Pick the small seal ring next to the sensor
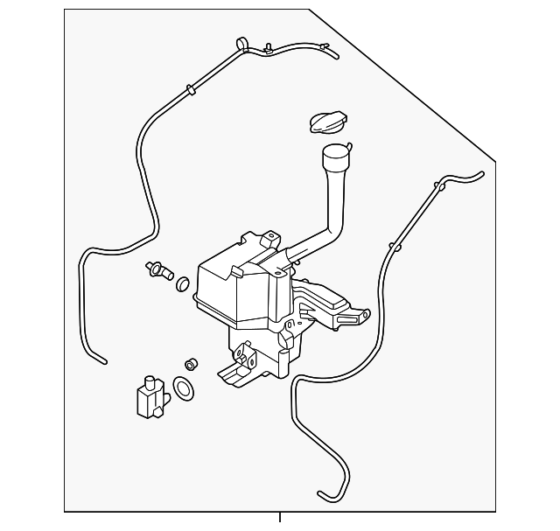(x=183, y=283)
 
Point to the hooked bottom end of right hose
(x=325, y=498)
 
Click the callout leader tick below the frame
(x=280, y=518)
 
